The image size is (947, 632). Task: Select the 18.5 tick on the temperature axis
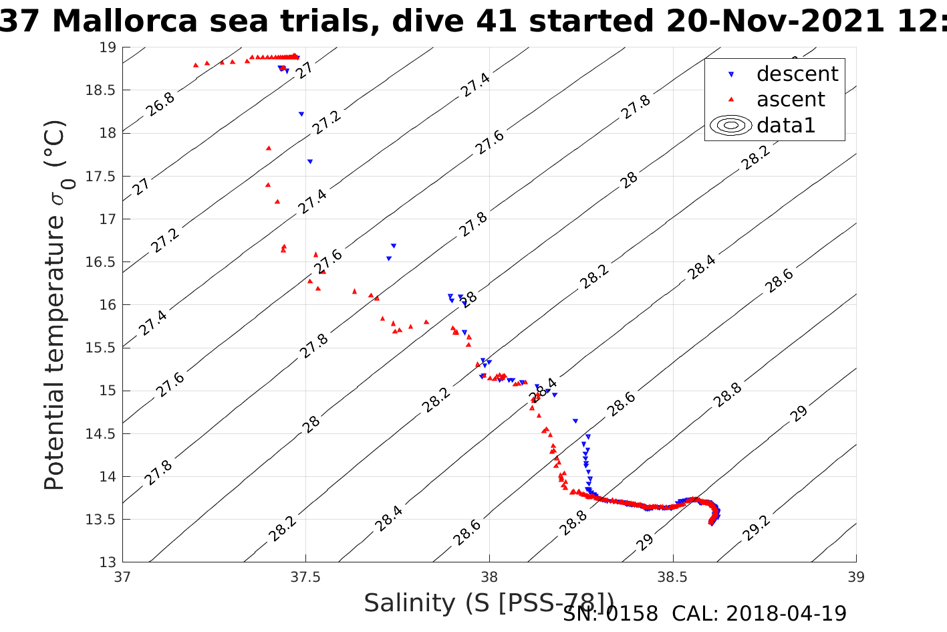pos(101,90)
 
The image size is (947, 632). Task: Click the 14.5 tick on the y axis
pos(101,433)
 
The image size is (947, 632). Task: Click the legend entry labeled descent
pos(797,74)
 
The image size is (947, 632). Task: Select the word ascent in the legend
pos(791,100)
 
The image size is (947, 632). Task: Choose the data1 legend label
pos(786,125)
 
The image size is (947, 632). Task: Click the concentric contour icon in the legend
pos(731,125)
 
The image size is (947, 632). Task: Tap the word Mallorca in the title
pos(125,21)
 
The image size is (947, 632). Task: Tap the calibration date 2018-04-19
pos(786,613)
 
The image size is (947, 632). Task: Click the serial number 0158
pos(632,613)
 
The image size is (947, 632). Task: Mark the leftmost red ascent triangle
pos(195,65)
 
